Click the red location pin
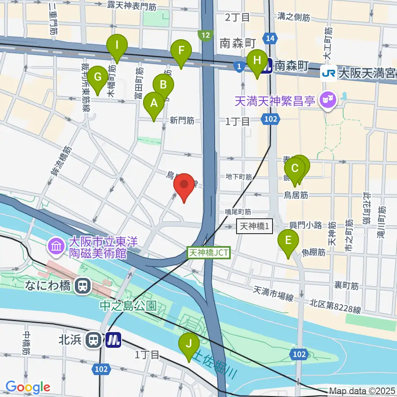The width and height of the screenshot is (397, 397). [x=184, y=186]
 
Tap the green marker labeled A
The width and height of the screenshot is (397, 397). [x=154, y=104]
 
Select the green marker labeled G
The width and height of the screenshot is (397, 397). [x=98, y=77]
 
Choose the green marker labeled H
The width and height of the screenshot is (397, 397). [x=257, y=61]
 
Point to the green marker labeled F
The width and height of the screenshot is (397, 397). [x=181, y=51]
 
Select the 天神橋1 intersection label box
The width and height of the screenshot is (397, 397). [x=255, y=226]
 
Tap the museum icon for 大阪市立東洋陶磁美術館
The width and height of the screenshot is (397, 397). [x=55, y=247]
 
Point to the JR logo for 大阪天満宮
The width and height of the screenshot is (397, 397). [x=328, y=74]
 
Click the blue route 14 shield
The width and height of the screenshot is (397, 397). [x=270, y=38]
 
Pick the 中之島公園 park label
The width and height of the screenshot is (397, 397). [x=128, y=306]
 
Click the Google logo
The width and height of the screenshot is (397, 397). [x=28, y=387]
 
